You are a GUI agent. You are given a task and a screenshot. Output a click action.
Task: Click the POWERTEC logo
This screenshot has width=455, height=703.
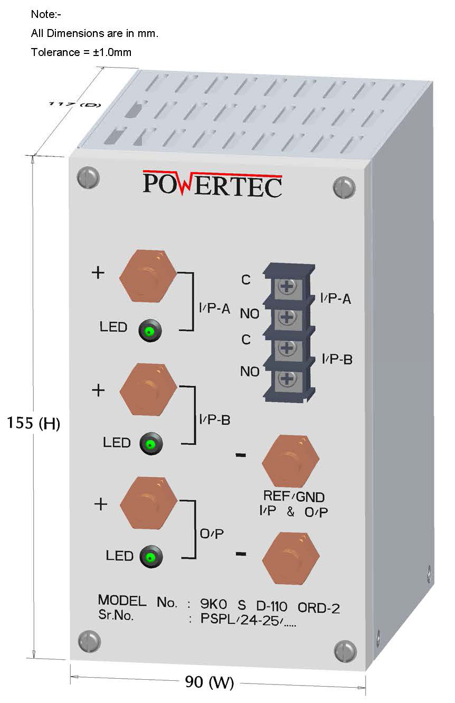point(212,184)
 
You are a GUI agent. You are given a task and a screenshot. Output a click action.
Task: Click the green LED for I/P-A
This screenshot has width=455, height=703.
point(150,332)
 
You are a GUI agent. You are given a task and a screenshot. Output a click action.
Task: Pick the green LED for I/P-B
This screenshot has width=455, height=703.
point(150,444)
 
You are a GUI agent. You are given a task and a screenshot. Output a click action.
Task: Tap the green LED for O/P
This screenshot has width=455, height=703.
point(151,557)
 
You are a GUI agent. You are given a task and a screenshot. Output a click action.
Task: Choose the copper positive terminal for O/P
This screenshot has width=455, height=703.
point(148,502)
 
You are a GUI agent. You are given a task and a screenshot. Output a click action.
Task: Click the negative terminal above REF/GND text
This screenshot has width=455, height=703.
point(290,461)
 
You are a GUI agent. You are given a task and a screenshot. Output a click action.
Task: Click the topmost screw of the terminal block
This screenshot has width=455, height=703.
point(286,287)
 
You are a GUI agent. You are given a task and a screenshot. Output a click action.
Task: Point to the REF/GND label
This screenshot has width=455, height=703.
point(293,496)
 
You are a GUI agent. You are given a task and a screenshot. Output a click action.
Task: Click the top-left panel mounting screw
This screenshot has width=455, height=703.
point(88,177)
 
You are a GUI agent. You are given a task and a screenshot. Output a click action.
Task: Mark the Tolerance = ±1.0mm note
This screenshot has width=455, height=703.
point(81,52)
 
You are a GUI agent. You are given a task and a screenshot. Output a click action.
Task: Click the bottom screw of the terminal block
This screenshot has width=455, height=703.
point(286,379)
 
